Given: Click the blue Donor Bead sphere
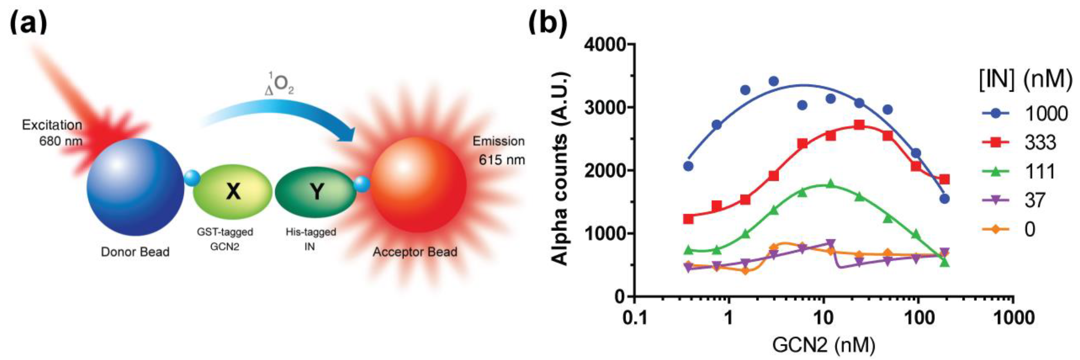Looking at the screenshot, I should click(x=135, y=187).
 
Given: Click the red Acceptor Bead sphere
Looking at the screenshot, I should click(x=418, y=184).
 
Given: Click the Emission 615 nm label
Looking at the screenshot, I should click(x=499, y=150).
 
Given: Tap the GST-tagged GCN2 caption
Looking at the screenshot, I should click(x=225, y=239).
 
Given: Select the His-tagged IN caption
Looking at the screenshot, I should click(x=311, y=239).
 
